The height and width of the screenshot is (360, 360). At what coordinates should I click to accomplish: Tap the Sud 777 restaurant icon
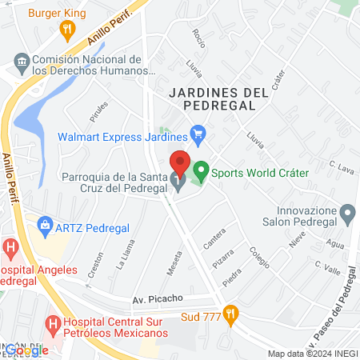231,314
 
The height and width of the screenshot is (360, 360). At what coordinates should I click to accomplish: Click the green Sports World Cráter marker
201,170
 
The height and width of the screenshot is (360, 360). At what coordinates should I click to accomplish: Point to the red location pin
180,163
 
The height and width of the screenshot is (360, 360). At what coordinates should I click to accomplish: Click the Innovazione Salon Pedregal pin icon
347,213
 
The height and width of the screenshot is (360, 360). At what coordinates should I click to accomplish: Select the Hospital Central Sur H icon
53,324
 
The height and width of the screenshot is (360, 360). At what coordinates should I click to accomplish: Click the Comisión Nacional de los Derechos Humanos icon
22,62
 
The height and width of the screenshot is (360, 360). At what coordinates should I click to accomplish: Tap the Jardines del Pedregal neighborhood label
218,98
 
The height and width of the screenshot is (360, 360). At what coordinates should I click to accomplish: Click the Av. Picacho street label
158,299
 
